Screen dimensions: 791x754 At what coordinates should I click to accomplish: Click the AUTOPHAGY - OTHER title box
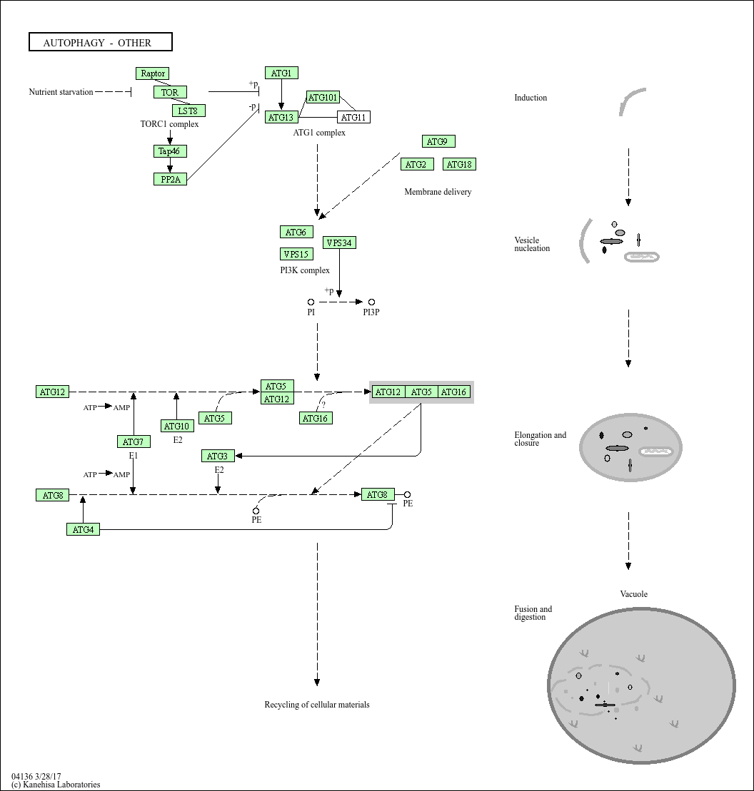click(x=100, y=43)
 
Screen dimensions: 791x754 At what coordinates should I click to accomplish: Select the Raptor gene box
click(x=153, y=73)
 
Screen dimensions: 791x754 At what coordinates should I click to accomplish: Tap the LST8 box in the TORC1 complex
click(x=188, y=111)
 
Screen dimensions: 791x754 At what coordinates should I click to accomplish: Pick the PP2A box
click(x=170, y=180)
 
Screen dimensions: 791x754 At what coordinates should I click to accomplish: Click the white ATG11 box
click(x=353, y=117)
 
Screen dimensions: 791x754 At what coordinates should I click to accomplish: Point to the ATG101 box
click(x=323, y=98)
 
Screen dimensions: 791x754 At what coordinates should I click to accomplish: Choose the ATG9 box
click(x=438, y=142)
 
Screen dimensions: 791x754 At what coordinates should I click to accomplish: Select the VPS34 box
click(x=339, y=243)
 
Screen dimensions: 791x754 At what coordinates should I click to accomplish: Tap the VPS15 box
click(x=296, y=255)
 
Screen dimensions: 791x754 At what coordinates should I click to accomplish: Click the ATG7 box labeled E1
click(x=134, y=442)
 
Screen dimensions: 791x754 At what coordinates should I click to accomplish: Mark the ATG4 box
click(x=83, y=529)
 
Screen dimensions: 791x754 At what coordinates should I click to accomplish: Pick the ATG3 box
click(x=218, y=456)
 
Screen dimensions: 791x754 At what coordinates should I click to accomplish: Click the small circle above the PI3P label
click(x=371, y=302)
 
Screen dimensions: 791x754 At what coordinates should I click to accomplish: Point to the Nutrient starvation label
click(x=61, y=92)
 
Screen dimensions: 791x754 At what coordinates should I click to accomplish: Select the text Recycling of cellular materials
click(x=317, y=705)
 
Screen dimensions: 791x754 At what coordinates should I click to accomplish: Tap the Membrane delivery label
click(x=438, y=192)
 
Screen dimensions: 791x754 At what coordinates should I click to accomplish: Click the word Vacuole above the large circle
click(x=633, y=594)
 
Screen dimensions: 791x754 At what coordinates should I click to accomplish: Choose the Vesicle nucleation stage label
click(x=532, y=244)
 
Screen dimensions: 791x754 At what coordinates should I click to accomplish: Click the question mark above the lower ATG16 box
click(x=323, y=404)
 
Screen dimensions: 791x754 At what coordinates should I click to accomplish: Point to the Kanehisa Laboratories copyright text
click(x=56, y=785)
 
